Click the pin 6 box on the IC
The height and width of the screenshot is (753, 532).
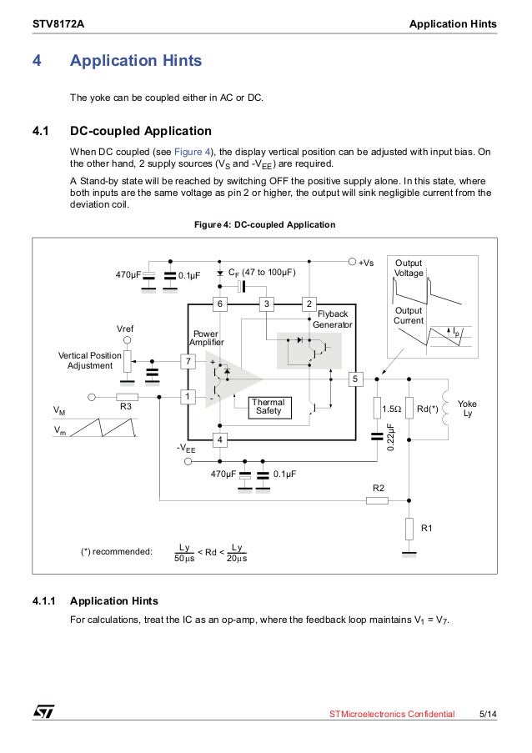coord(220,304)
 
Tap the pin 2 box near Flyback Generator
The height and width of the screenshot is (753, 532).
coord(309,304)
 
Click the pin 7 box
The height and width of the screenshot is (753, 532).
coord(189,361)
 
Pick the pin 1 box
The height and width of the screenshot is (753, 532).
coord(189,397)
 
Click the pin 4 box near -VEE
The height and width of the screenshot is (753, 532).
coord(220,439)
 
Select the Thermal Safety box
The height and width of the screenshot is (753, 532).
coord(269,407)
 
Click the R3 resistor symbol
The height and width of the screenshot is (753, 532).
coord(127,397)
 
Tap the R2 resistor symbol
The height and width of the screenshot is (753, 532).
coord(377,500)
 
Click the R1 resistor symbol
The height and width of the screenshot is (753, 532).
coord(409,529)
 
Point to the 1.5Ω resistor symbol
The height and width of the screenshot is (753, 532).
coord(377,409)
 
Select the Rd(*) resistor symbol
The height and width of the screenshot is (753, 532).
coord(409,409)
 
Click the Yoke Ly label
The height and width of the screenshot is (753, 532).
coord(467,409)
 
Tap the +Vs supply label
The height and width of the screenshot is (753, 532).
coord(366,262)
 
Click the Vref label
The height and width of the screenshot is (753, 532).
coord(127,329)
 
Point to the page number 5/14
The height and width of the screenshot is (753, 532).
coord(488,715)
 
